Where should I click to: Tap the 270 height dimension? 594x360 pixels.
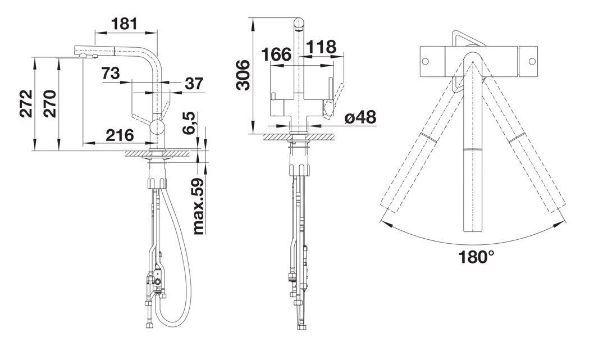coord(49,104)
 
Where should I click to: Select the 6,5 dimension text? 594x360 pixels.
coord(190,122)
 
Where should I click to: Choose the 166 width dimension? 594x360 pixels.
coord(276,54)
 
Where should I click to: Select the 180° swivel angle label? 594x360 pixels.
coord(477,257)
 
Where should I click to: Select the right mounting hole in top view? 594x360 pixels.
coord(531,61)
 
